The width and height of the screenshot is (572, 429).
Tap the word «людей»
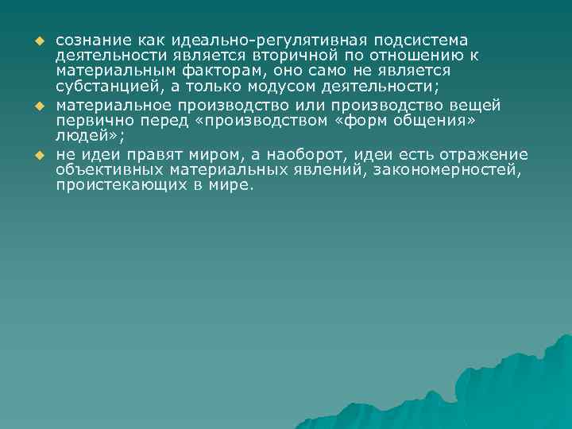click(x=79, y=134)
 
